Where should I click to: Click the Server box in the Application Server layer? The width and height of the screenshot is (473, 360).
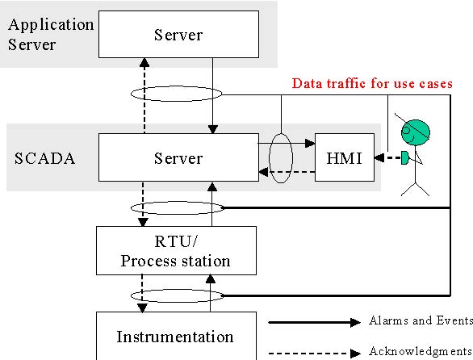pos(178,35)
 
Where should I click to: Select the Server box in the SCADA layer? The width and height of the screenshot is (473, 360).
pos(178,157)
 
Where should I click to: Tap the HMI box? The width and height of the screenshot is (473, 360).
pos(345,157)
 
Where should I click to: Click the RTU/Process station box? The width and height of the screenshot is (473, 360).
pos(176,250)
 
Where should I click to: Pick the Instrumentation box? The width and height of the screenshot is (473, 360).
pos(176,336)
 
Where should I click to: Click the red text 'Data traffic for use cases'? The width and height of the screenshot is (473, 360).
pos(372,83)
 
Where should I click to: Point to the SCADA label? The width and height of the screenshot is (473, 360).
pos(44,158)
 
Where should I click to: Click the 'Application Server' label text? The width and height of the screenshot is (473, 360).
pos(51,35)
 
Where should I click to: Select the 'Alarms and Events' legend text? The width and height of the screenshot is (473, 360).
pos(421,320)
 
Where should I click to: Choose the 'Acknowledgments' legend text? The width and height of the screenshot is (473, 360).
pos(421,351)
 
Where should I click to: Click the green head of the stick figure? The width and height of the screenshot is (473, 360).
pos(416,132)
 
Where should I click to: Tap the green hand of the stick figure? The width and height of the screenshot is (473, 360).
pos(404,158)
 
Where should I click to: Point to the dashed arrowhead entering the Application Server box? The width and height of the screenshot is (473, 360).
pos(144,62)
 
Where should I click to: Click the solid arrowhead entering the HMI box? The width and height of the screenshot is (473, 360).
pos(310,144)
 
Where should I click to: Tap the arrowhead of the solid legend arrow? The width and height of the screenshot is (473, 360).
pos(355,323)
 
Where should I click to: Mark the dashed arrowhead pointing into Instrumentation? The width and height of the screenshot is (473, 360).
pos(142,308)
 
